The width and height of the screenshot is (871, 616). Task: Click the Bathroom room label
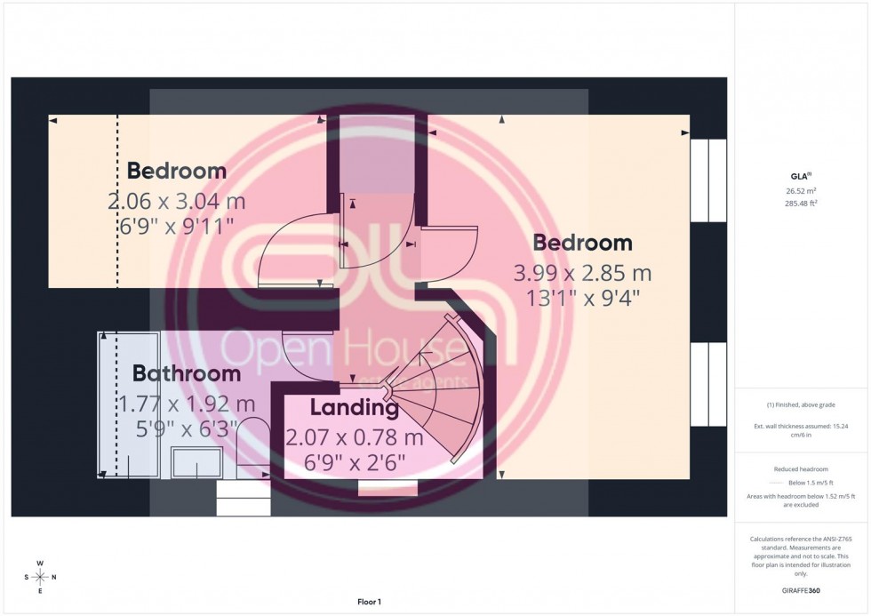click(x=187, y=374)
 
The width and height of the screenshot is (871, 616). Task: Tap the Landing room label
click(x=354, y=409)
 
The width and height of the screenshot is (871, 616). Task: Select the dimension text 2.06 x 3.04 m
click(x=176, y=201)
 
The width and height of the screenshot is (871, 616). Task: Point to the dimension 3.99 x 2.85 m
click(x=582, y=272)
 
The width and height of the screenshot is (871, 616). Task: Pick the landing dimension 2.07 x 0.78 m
click(x=354, y=437)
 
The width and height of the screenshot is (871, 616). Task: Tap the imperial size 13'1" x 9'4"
click(x=582, y=297)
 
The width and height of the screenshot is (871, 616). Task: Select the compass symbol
click(x=39, y=577)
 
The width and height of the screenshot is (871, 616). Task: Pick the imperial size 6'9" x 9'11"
click(x=176, y=225)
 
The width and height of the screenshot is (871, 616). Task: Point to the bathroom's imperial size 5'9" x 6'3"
click(x=178, y=429)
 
